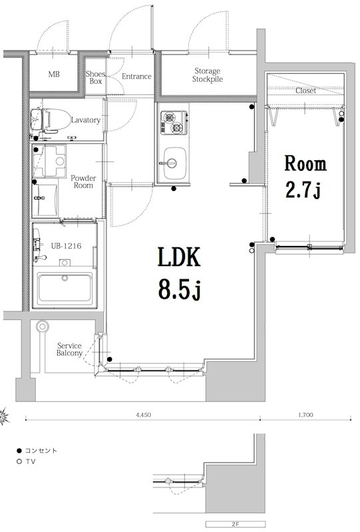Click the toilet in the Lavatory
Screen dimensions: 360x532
pos(47,120)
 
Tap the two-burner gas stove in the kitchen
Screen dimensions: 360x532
pos(174,122)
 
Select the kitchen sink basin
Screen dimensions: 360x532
pos(174,163)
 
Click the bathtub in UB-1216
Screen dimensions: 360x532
pos(65,289)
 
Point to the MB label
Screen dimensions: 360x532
pos(54,74)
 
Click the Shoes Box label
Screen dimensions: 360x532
pos(95,77)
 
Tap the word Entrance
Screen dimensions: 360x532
pos(136,76)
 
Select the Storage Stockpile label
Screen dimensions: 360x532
pos(208,75)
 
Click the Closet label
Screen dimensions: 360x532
pos(305,90)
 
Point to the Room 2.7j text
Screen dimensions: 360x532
pos(305,176)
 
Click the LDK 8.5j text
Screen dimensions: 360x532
pos(179,273)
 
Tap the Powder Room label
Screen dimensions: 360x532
pos(83,182)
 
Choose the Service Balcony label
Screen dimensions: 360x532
pos(69,349)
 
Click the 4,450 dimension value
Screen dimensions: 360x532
pos(143,414)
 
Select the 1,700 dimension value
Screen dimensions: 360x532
pos(305,414)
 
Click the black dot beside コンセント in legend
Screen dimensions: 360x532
pos(19,451)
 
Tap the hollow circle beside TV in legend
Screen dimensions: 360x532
pos(19,462)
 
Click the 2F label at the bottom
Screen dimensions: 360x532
pos(236,524)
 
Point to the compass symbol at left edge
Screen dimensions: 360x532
pos(4,416)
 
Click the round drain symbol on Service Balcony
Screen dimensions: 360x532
pos(42,327)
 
